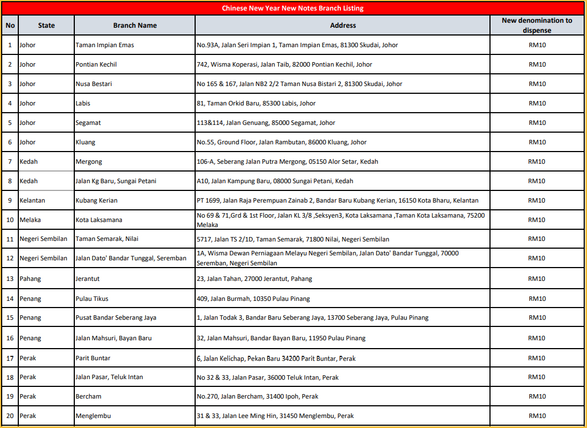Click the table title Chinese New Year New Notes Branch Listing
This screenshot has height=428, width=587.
(x=293, y=8)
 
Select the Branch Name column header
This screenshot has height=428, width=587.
(x=135, y=26)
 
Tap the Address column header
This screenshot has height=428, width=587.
(x=343, y=26)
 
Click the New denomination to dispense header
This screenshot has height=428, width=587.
(x=537, y=26)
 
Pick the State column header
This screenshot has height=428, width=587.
(x=47, y=26)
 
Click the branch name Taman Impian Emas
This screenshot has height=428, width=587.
(x=105, y=45)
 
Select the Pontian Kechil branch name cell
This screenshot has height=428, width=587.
(x=96, y=64)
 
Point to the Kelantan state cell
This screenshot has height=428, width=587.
(x=32, y=200)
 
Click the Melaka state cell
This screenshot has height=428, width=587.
(x=30, y=220)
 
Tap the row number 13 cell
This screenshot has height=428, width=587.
(x=10, y=279)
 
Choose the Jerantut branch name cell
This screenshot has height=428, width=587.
(x=88, y=279)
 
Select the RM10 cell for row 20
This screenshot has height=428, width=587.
(x=537, y=416)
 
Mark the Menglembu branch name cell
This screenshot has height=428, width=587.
(x=92, y=416)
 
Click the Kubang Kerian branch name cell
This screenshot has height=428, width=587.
(x=96, y=200)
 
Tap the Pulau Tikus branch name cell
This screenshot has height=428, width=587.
(x=91, y=299)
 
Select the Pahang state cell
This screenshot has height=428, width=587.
(x=30, y=279)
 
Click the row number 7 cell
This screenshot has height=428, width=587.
(x=10, y=162)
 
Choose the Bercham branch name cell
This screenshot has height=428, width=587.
(x=88, y=396)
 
